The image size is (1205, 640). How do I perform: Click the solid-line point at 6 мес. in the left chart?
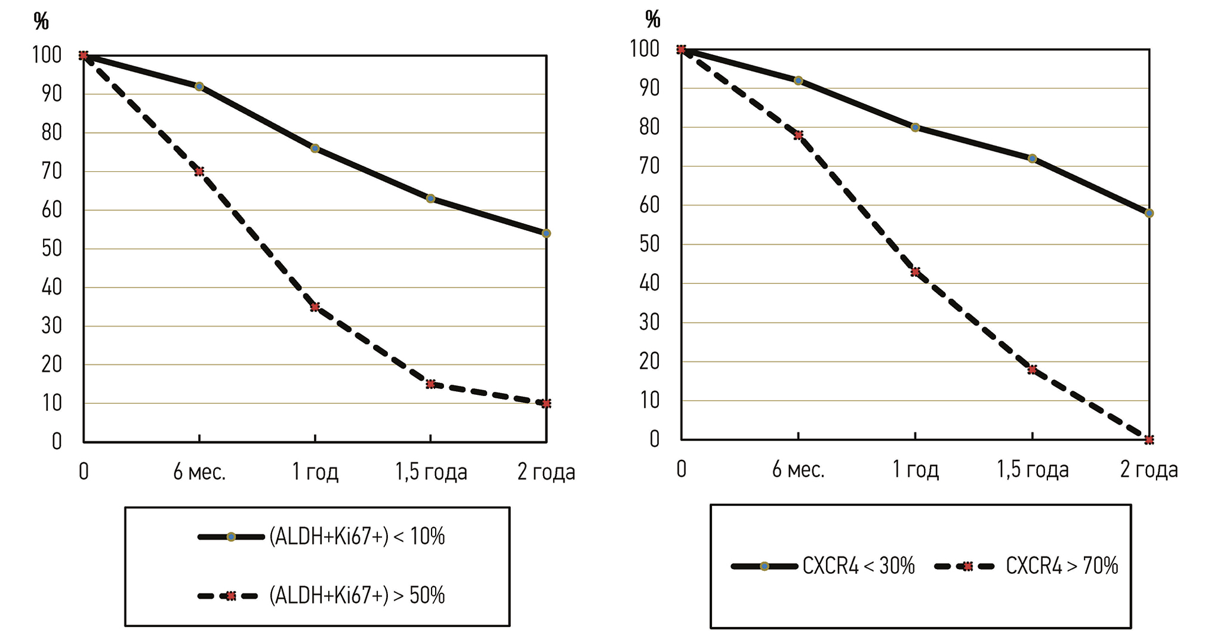click(199, 86)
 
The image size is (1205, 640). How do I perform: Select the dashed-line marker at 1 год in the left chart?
click(315, 307)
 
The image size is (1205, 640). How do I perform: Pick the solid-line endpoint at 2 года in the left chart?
click(546, 233)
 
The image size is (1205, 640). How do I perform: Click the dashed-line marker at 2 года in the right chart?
click(1149, 440)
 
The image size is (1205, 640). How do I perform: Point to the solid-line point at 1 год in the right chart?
click(915, 127)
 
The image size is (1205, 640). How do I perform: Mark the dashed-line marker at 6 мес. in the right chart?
click(799, 135)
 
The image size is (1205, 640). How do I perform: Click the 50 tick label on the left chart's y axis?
click(52, 249)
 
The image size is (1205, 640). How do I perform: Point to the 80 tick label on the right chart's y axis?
click(649, 127)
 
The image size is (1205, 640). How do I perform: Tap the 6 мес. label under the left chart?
click(199, 472)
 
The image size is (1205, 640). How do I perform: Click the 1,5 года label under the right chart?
click(1033, 470)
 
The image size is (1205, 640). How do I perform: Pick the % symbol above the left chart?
click(41, 21)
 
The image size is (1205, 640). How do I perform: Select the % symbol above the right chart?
click(653, 20)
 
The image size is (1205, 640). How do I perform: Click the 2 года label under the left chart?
click(546, 472)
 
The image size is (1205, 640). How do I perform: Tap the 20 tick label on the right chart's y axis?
click(649, 361)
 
